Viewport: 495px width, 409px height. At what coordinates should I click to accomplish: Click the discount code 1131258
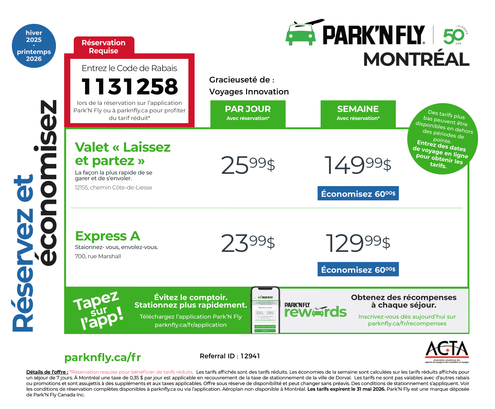point(130,87)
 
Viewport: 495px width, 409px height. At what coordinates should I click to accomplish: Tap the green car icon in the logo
point(301,34)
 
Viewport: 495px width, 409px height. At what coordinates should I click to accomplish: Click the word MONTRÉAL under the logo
point(416,60)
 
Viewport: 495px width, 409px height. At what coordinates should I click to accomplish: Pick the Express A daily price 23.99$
point(248,243)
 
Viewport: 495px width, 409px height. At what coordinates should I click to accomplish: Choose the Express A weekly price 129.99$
point(357,243)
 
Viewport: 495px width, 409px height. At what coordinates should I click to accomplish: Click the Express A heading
point(108,236)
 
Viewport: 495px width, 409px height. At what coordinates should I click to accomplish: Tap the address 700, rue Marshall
point(98,256)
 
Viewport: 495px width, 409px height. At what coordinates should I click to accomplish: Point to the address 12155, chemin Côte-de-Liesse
point(113,187)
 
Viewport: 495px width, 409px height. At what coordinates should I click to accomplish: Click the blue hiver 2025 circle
point(34,46)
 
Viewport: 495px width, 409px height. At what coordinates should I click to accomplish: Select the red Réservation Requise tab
point(104,46)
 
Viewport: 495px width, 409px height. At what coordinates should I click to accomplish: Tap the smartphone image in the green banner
point(265,310)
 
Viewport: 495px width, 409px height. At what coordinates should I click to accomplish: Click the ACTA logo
point(447,351)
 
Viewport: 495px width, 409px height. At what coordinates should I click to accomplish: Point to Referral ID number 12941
point(250,356)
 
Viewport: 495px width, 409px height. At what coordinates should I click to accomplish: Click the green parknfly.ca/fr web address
point(102,358)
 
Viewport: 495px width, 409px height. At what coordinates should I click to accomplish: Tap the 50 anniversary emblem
point(454,35)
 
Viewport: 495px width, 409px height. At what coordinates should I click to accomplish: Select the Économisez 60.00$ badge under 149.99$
point(358,194)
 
